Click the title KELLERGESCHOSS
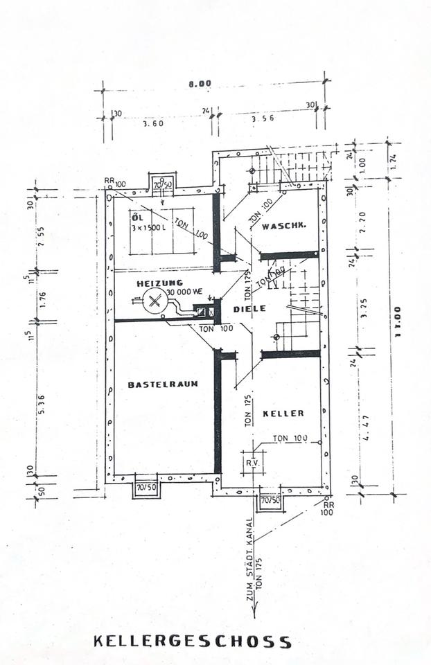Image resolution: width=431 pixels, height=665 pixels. click(x=193, y=641)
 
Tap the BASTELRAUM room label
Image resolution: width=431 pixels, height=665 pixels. click(x=163, y=384)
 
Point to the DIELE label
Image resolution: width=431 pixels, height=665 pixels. click(x=249, y=308)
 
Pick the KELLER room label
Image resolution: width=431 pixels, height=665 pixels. click(x=283, y=414)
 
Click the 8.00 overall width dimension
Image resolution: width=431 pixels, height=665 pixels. click(x=201, y=84)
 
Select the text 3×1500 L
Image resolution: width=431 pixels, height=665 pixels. click(x=148, y=228)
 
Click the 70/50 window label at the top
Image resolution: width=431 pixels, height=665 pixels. click(x=163, y=185)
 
